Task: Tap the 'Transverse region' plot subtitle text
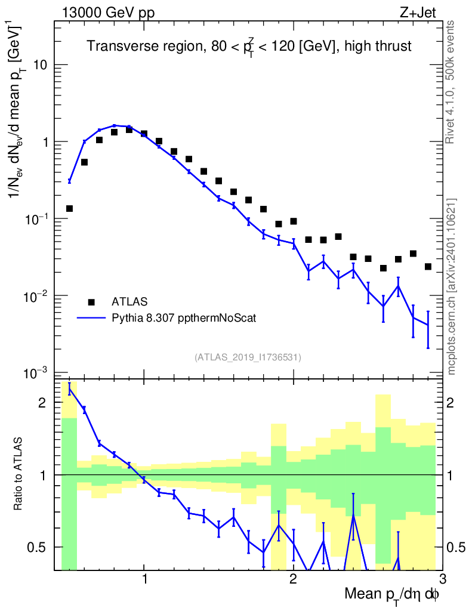249,47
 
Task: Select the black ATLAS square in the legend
92,302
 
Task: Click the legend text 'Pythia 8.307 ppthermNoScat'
184,318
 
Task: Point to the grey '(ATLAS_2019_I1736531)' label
248,357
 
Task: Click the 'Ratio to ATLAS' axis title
19,474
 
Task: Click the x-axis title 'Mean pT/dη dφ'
392,594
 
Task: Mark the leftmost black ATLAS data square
69,208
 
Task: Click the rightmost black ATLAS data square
428,267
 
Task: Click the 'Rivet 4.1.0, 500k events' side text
451,81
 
